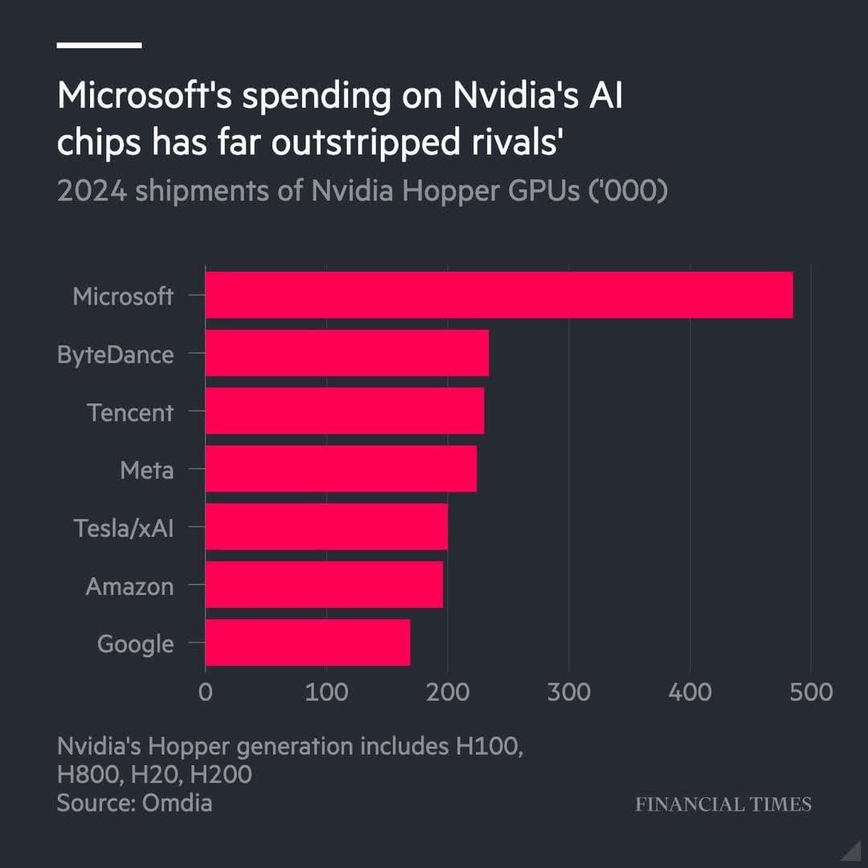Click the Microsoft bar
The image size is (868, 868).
pos(498,295)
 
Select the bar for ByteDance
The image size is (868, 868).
pos(346,353)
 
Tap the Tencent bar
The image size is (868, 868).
pos(344,411)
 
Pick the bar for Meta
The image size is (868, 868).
pos(341,469)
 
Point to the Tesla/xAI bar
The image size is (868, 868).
pos(326,526)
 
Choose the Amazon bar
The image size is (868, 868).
pos(324,584)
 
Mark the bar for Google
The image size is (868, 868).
pos(307,642)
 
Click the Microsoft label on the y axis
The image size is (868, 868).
pos(122,297)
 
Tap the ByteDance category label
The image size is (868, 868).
pos(115,354)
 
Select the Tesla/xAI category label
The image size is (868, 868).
pos(123,528)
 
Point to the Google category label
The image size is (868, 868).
pos(135,644)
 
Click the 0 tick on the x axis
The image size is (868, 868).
pos(206,691)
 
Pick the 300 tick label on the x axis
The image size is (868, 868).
pos(569,691)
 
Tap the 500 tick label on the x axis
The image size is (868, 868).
pos(810,691)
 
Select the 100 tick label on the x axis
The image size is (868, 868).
pos(326,691)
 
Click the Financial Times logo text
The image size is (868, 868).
pos(723,804)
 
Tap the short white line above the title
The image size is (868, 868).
pos(99,45)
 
